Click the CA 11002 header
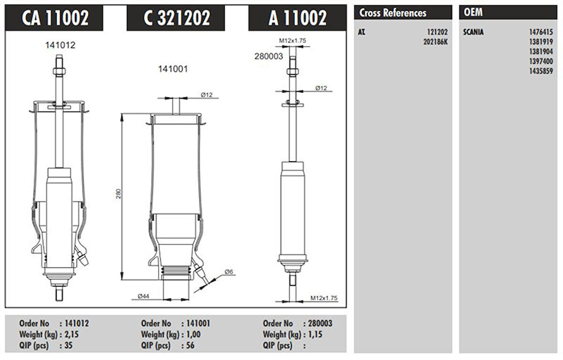[55, 18]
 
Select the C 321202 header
[177, 18]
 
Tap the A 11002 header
[298, 18]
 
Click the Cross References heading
[393, 13]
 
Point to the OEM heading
[473, 12]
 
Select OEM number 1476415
[541, 32]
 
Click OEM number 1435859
[541, 71]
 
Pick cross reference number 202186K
[436, 42]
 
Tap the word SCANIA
[473, 32]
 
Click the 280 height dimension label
[118, 194]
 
